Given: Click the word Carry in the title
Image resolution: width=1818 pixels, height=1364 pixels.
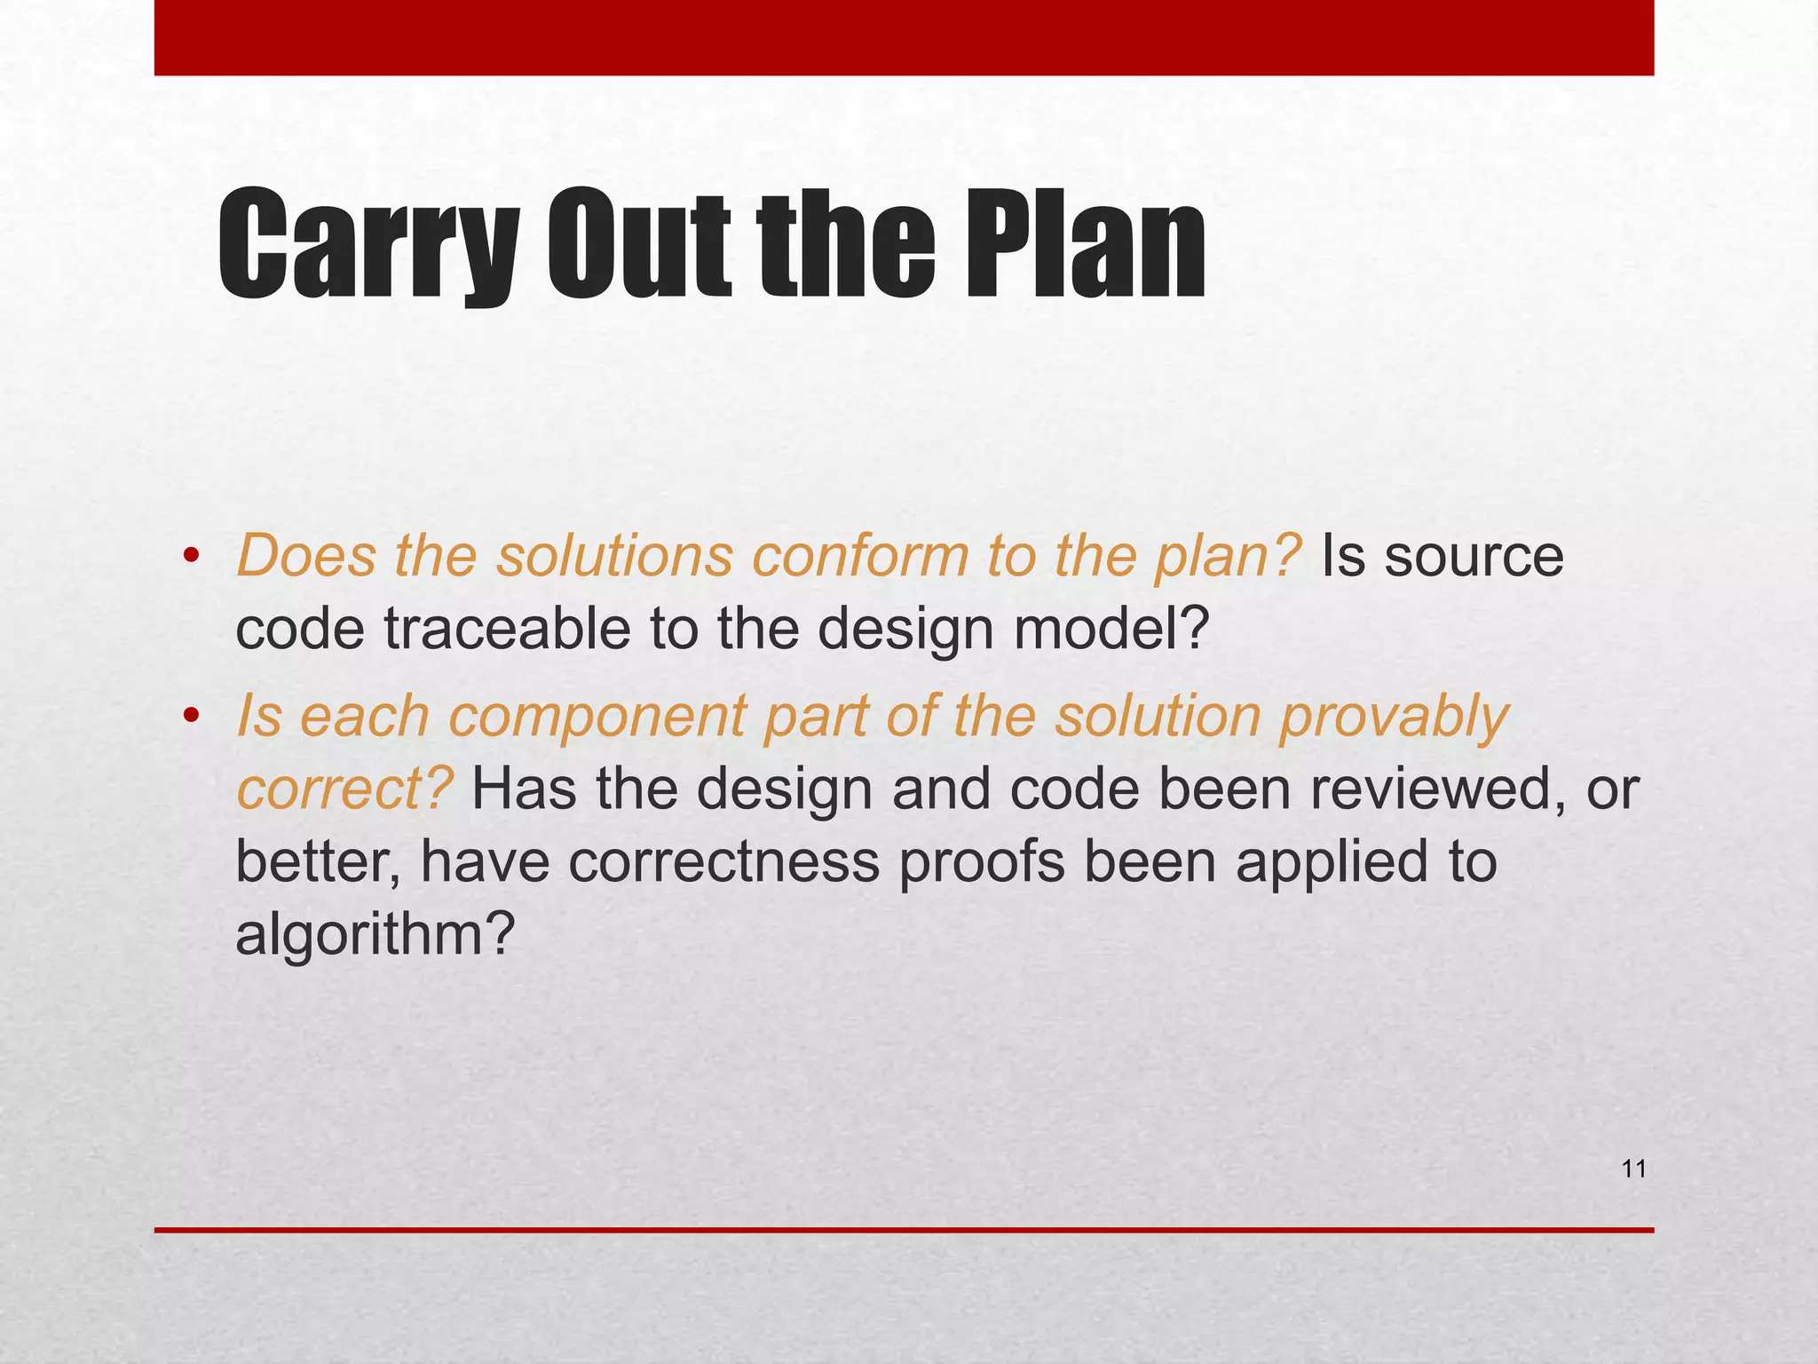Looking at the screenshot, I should coord(368,245).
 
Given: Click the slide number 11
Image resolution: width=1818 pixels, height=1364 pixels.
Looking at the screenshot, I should coord(1633,1170).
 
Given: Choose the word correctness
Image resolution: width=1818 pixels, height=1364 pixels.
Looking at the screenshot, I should coord(723,861).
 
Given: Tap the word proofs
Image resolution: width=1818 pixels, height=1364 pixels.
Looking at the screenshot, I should coord(981,861).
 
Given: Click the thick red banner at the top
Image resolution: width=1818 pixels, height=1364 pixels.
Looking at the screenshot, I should coord(904,37).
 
